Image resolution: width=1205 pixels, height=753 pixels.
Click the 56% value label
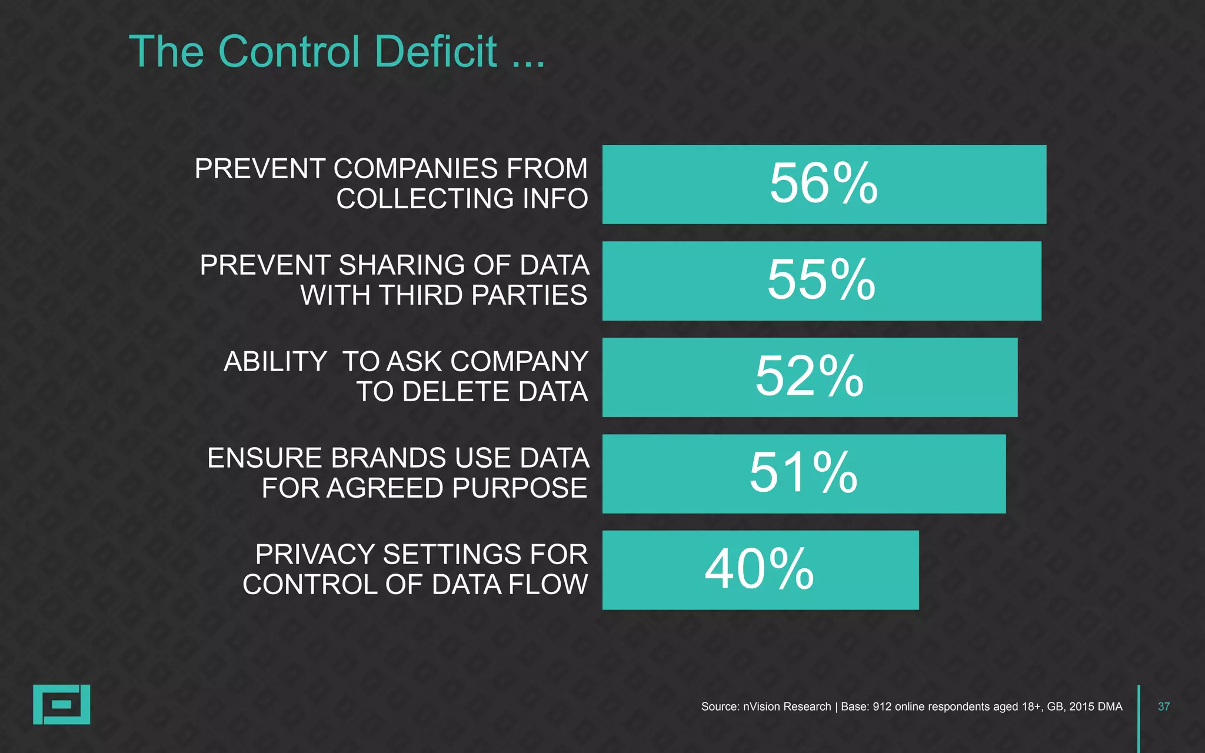pos(823,184)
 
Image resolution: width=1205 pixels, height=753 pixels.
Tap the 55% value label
pos(821,280)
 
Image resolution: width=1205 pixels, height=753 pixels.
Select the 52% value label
pos(809,376)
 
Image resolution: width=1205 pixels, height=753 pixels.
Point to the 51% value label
pos(803,473)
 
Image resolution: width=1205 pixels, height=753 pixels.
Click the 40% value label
pos(759,569)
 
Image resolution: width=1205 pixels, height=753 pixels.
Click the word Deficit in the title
pos(435,52)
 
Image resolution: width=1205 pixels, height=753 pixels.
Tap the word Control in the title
pos(289,52)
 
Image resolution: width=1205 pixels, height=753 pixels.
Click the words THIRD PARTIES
pos(482,295)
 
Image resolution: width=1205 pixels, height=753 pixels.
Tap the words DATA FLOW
pos(510,585)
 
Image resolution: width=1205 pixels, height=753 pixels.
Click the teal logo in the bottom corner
pos(61,704)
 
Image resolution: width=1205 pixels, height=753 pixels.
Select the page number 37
pos(1163,707)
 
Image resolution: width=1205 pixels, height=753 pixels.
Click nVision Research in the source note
pos(787,707)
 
